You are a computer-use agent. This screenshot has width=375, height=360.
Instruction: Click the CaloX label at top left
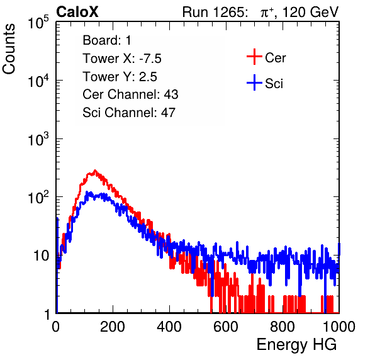pyautogui.click(x=77, y=12)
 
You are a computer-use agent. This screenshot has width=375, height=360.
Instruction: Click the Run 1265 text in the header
pyautogui.click(x=213, y=12)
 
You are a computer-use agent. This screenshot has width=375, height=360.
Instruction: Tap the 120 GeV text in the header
pyautogui.click(x=310, y=12)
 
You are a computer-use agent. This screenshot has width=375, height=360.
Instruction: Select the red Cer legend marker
pyautogui.click(x=254, y=57)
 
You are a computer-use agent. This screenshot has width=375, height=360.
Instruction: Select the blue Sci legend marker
pyautogui.click(x=254, y=82)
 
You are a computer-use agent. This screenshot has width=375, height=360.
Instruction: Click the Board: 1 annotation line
pyautogui.click(x=107, y=40)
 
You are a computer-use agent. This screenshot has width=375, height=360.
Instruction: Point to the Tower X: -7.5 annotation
pyautogui.click(x=122, y=59)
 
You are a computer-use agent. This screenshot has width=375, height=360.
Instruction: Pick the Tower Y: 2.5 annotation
pyautogui.click(x=120, y=77)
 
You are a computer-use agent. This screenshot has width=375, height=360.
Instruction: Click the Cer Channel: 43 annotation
pyautogui.click(x=130, y=94)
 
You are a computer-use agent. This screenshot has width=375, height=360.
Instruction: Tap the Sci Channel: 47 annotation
pyautogui.click(x=129, y=113)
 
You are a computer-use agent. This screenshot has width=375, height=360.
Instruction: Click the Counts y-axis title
pyautogui.click(x=9, y=49)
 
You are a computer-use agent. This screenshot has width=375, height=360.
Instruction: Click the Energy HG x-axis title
pyautogui.click(x=296, y=344)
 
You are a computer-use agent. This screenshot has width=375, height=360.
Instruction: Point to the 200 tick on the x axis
pyautogui.click(x=113, y=327)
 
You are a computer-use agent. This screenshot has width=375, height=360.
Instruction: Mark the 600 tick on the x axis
pyautogui.click(x=226, y=327)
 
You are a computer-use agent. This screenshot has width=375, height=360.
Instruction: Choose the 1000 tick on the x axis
pyautogui.click(x=339, y=327)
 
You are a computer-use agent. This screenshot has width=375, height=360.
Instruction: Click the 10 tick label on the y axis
pyautogui.click(x=41, y=256)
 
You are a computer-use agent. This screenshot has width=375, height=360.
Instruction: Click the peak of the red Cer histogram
pyautogui.click(x=95, y=171)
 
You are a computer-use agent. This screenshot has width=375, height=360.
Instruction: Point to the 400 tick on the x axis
pyautogui.click(x=169, y=327)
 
